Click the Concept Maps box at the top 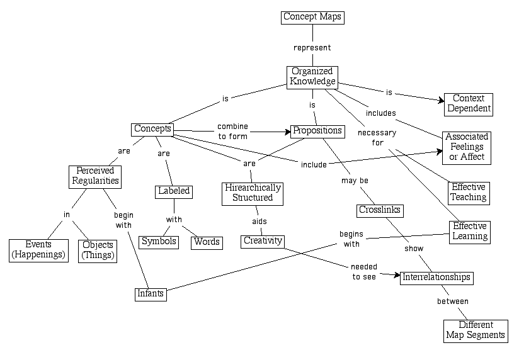(x=312, y=17)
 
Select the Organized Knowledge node (x=312, y=77)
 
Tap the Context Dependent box (x=468, y=104)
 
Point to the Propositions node (x=317, y=131)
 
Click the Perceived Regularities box (x=94, y=176)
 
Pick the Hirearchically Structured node (x=253, y=193)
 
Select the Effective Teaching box (x=469, y=192)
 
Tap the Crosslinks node (x=380, y=210)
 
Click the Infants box (x=151, y=293)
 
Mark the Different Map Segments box (x=476, y=330)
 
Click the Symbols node (x=159, y=242)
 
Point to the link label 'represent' (x=312, y=47)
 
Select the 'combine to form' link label (x=232, y=130)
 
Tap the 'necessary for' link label (x=377, y=138)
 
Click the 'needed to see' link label (x=365, y=271)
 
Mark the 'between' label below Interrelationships (x=453, y=301)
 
